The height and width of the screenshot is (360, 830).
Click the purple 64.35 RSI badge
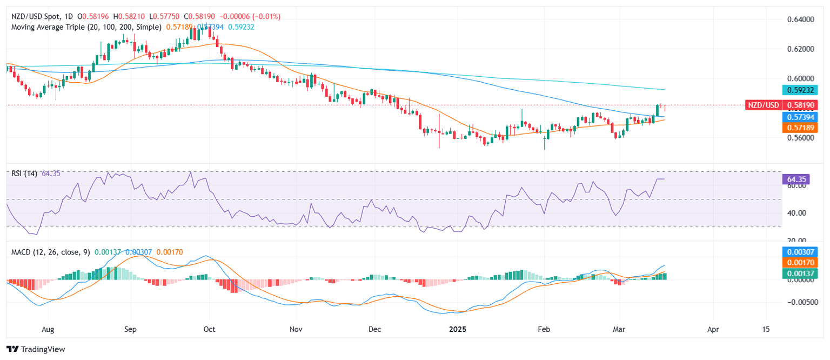[x=795, y=179]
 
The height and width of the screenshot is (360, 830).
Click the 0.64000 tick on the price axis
[x=799, y=19]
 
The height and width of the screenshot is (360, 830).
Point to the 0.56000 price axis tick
[x=799, y=138]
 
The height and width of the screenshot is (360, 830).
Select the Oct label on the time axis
[x=210, y=328]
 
